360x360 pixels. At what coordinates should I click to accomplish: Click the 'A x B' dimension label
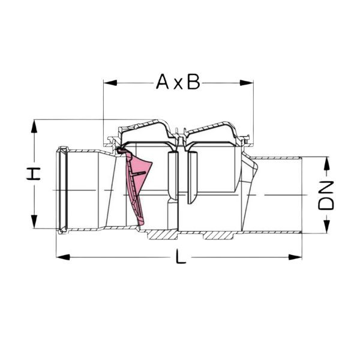(178, 82)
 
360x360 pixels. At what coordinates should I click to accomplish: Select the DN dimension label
(326, 194)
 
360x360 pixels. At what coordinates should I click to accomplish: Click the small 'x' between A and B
(178, 84)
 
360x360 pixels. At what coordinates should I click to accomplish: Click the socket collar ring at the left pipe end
(61, 189)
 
